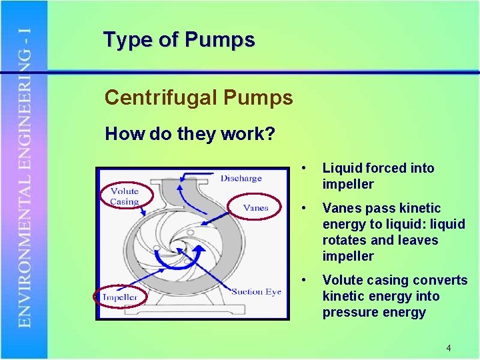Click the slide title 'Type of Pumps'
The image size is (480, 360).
tap(179, 40)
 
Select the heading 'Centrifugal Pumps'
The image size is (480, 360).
tap(199, 98)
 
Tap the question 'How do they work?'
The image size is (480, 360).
tap(190, 134)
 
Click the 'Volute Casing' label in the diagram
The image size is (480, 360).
tap(124, 196)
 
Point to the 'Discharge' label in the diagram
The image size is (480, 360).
tap(241, 178)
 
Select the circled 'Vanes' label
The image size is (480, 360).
tap(255, 207)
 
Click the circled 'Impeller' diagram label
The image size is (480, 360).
tap(120, 297)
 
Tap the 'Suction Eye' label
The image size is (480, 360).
tap(256, 291)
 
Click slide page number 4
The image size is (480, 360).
tap(449, 348)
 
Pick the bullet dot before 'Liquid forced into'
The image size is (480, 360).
tap(304, 168)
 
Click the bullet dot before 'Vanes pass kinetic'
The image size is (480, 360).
tap(304, 208)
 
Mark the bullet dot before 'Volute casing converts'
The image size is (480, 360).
tap(304, 280)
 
